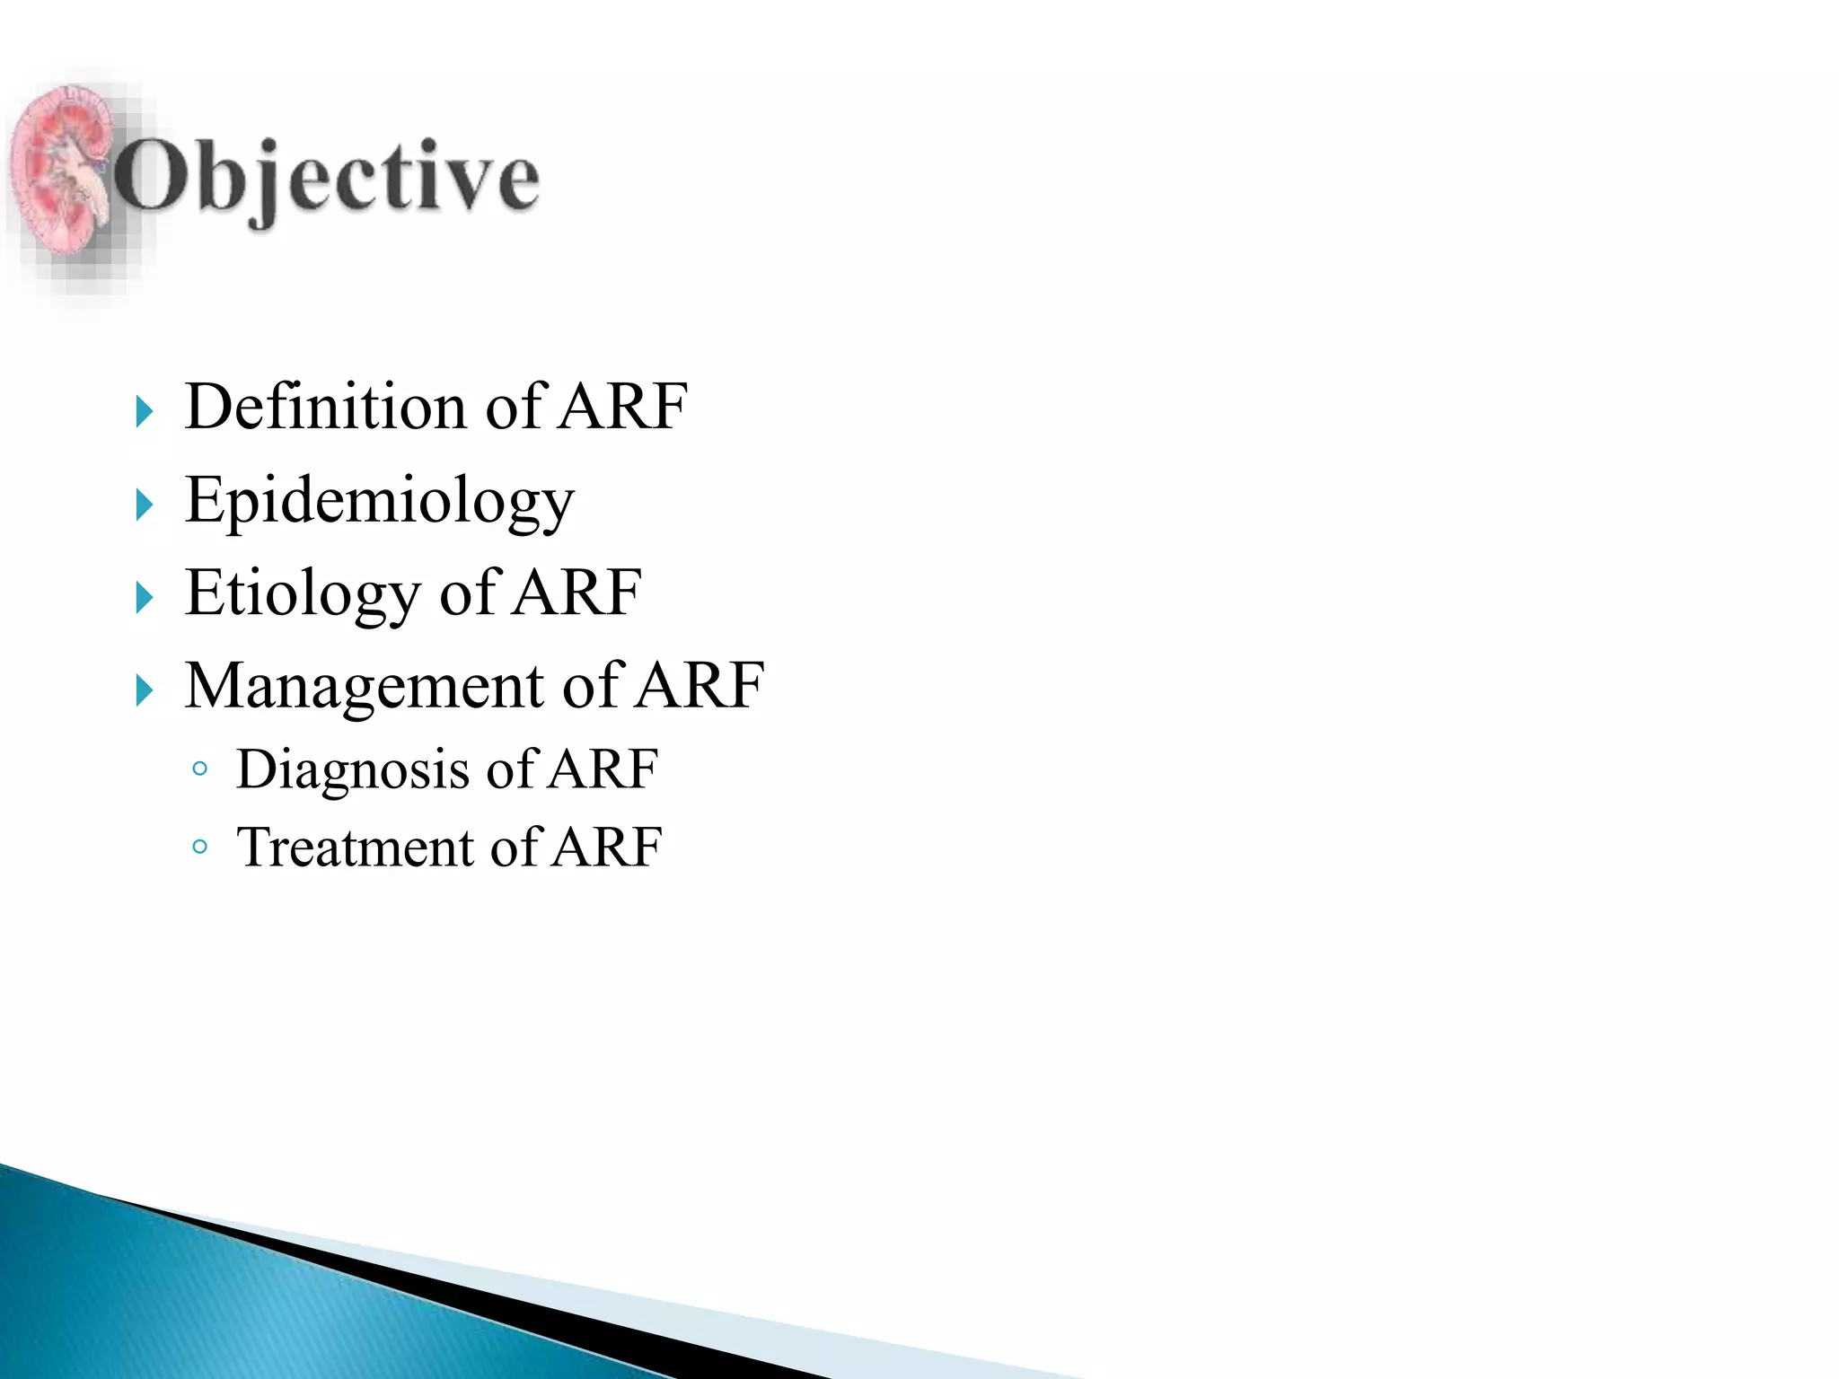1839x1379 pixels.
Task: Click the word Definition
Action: pos(325,407)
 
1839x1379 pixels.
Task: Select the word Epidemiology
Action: pos(379,501)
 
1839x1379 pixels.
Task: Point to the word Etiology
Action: pos(302,593)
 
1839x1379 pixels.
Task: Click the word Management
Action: pos(363,686)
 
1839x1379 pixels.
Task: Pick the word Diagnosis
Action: pos(352,770)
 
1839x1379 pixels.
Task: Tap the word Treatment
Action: pos(354,848)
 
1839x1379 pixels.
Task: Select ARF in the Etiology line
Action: pos(576,593)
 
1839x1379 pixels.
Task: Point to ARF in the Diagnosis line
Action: pos(603,770)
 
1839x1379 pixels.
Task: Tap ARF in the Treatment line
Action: pos(607,848)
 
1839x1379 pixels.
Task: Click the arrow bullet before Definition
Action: pos(144,412)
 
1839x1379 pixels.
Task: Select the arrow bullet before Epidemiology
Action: pos(144,505)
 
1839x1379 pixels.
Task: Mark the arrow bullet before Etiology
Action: pos(144,598)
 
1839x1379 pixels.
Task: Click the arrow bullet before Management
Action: pos(144,691)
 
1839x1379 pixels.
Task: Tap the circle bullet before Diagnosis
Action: pos(200,769)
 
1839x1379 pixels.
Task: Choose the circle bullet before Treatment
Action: pos(200,847)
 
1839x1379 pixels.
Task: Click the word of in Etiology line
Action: pos(467,593)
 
